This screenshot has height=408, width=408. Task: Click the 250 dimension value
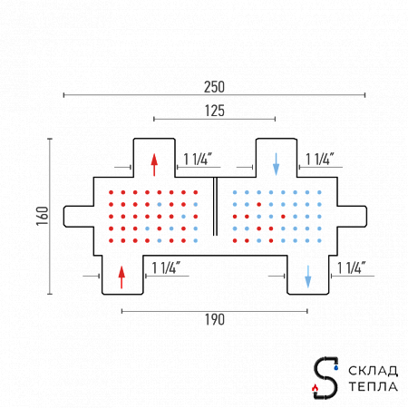pyautogui.click(x=214, y=87)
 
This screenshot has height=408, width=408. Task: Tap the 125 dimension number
pyautogui.click(x=215, y=111)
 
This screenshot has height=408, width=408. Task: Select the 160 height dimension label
pyautogui.click(x=43, y=216)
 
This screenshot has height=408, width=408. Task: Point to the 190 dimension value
pyautogui.click(x=215, y=320)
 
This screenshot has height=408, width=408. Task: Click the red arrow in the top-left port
pyautogui.click(x=154, y=165)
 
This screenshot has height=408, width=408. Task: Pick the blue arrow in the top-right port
pyautogui.click(x=276, y=164)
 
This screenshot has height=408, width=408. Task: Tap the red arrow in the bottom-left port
pyautogui.click(x=121, y=277)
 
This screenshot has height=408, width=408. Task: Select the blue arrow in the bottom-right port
pyautogui.click(x=308, y=277)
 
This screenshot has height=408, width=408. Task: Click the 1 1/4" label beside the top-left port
pyautogui.click(x=198, y=159)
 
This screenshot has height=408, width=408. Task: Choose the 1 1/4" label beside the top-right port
pyautogui.click(x=320, y=159)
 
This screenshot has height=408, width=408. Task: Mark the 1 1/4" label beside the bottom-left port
pyautogui.click(x=166, y=267)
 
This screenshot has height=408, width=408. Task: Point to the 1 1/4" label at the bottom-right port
pyautogui.click(x=351, y=267)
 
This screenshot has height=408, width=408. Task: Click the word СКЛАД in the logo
pyautogui.click(x=373, y=371)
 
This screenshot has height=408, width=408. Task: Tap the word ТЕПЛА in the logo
pyautogui.click(x=373, y=386)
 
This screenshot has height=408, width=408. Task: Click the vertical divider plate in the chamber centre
pyautogui.click(x=215, y=206)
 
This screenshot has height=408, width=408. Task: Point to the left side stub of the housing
pyautogui.click(x=79, y=217)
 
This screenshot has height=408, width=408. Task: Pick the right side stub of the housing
pyautogui.click(x=352, y=217)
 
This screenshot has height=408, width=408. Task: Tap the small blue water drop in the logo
pyautogui.click(x=336, y=367)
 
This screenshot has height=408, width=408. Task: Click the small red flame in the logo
pyautogui.click(x=315, y=387)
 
